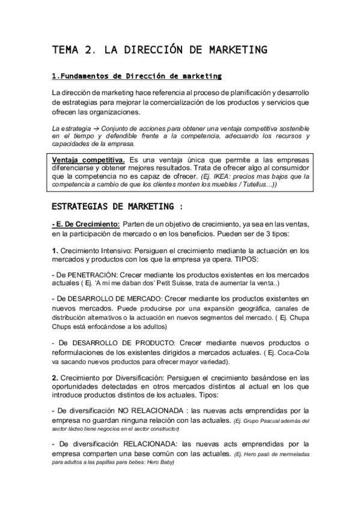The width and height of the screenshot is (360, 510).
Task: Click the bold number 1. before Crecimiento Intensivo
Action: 55,250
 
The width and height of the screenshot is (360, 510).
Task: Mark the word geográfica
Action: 278,308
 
